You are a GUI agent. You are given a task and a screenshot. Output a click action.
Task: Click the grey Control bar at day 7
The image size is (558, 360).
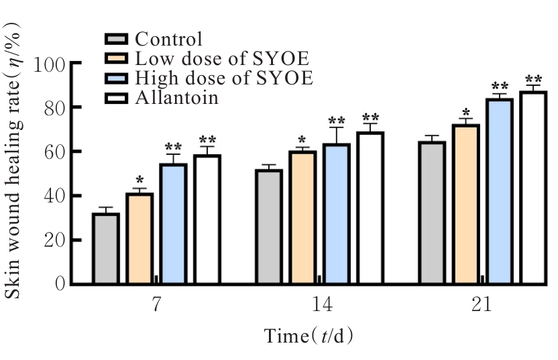pos(106,249)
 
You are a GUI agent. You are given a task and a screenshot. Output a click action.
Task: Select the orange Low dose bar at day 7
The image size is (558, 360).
pos(139,239)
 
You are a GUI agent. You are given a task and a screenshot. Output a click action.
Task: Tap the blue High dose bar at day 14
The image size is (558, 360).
pos(337,214)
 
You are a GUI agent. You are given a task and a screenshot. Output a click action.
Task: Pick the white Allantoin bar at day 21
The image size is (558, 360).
pos(533,188)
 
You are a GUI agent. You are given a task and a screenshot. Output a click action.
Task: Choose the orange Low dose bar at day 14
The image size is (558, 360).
pos(302,217)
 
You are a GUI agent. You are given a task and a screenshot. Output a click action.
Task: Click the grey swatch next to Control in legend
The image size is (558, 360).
pos(118,39)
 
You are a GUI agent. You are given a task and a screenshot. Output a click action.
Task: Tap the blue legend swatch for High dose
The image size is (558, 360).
pos(118,78)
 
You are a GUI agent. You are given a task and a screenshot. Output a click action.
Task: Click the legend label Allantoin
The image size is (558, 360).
pos(176,98)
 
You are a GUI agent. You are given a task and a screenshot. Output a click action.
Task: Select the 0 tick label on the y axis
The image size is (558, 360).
pos(59,284)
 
